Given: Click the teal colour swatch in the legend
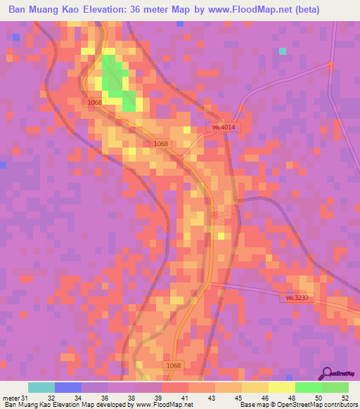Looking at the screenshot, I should (41, 387).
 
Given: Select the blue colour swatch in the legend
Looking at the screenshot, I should (68, 387).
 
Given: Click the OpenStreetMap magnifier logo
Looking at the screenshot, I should (326, 372).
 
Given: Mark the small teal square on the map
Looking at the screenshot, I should (283, 51).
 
